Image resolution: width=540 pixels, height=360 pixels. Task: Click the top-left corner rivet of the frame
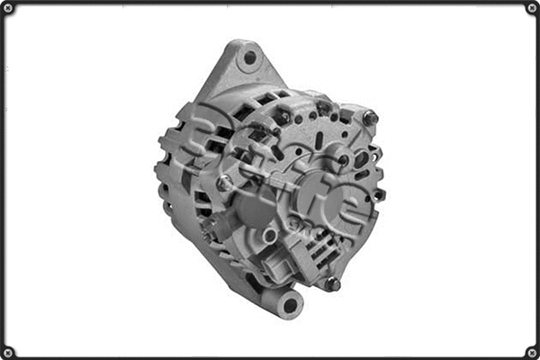pos(8,8)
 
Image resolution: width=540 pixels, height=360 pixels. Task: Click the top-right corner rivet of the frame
pos(532,8)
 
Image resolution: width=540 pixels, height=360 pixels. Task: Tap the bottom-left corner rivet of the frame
pos(8,352)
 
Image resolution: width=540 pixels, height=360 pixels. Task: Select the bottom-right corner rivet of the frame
pos(532,352)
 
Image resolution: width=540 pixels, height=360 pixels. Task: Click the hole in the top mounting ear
pos(249,58)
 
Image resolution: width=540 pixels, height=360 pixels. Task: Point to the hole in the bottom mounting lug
pos(290,305)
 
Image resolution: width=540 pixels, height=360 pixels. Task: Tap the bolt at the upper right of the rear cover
pos(369,117)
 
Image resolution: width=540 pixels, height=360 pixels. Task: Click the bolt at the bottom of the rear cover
pos(332,283)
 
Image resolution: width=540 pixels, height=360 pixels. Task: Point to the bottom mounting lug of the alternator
pos(285,301)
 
